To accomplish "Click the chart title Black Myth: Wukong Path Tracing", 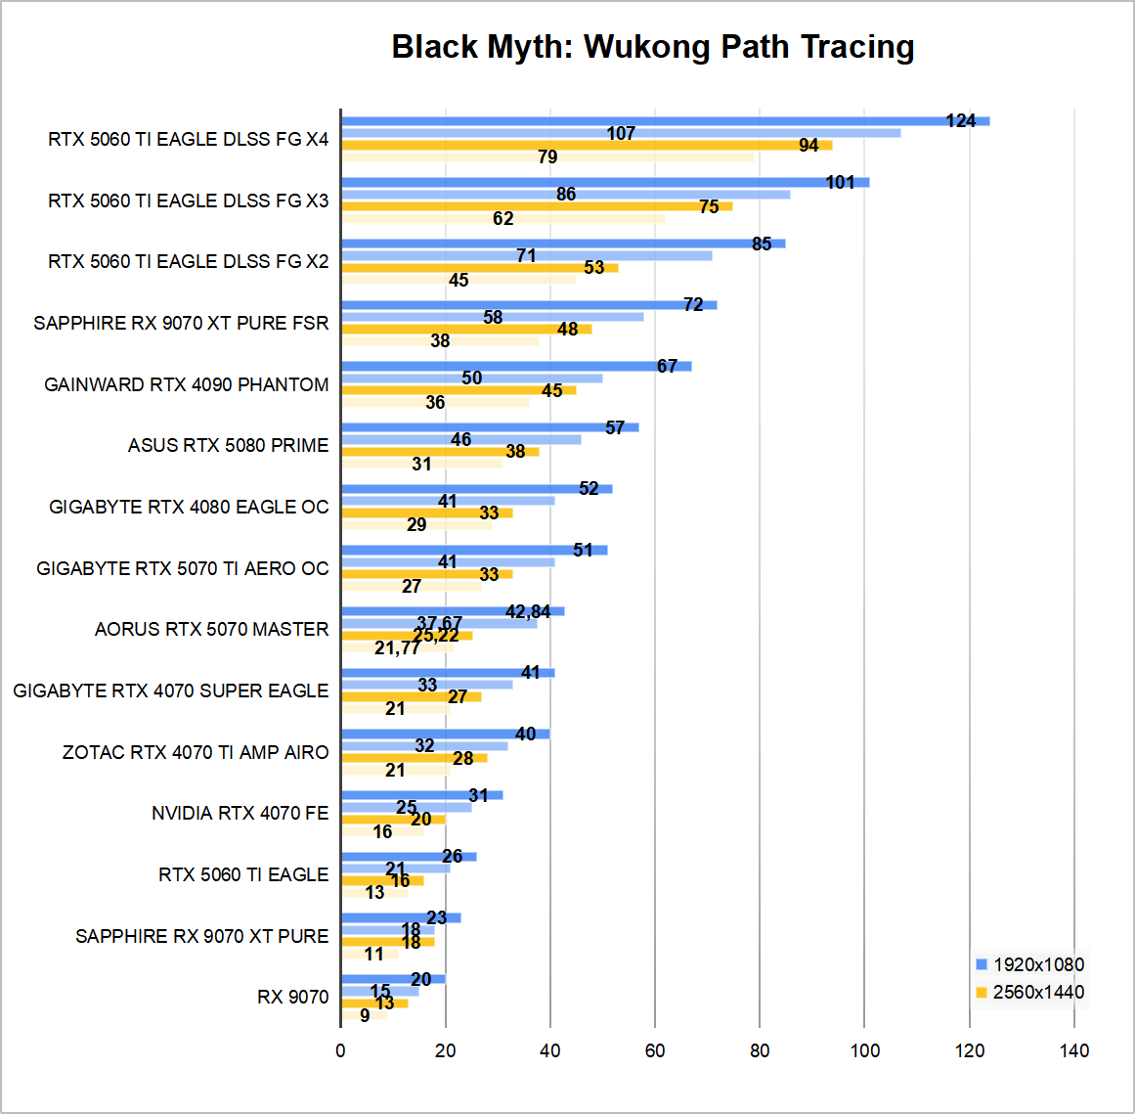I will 653,47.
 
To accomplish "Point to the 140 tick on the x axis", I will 1074,1051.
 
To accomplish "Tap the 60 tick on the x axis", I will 655,1051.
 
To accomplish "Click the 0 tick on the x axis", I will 340,1051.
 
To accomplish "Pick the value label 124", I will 961,121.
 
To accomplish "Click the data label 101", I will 840,183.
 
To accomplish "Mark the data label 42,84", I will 528,612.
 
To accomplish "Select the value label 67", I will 667,367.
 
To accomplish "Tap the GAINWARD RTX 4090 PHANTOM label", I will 187,384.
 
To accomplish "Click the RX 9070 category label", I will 293,997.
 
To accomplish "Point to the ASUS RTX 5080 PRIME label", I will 229,445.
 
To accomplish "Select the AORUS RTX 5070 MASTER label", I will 212,629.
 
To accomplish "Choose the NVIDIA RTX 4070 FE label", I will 240,813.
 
